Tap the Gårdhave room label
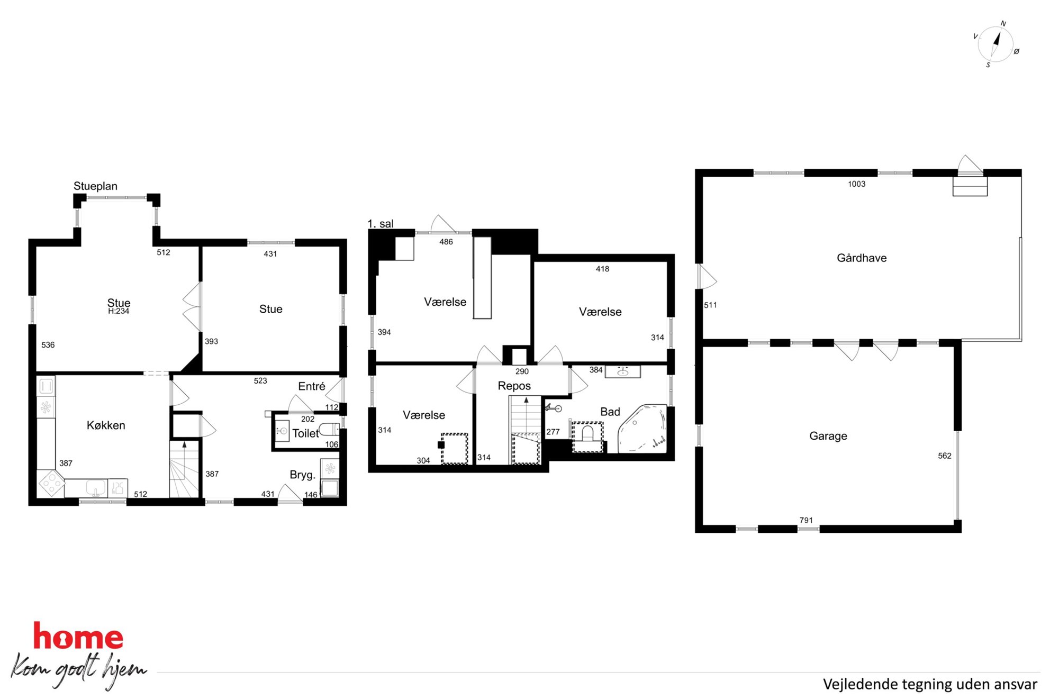[862, 258]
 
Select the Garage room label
[828, 436]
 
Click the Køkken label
[106, 425]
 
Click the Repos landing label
[514, 386]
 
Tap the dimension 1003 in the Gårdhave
[857, 184]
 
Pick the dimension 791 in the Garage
[806, 521]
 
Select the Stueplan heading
[95, 186]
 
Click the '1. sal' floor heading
[381, 224]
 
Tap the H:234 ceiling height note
[119, 312]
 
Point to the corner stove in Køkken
[51, 483]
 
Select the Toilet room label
[305, 434]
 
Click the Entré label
[312, 387]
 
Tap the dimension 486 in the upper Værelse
[446, 242]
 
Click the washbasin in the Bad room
[623, 371]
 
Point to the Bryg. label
[302, 475]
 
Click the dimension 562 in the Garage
[945, 456]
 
